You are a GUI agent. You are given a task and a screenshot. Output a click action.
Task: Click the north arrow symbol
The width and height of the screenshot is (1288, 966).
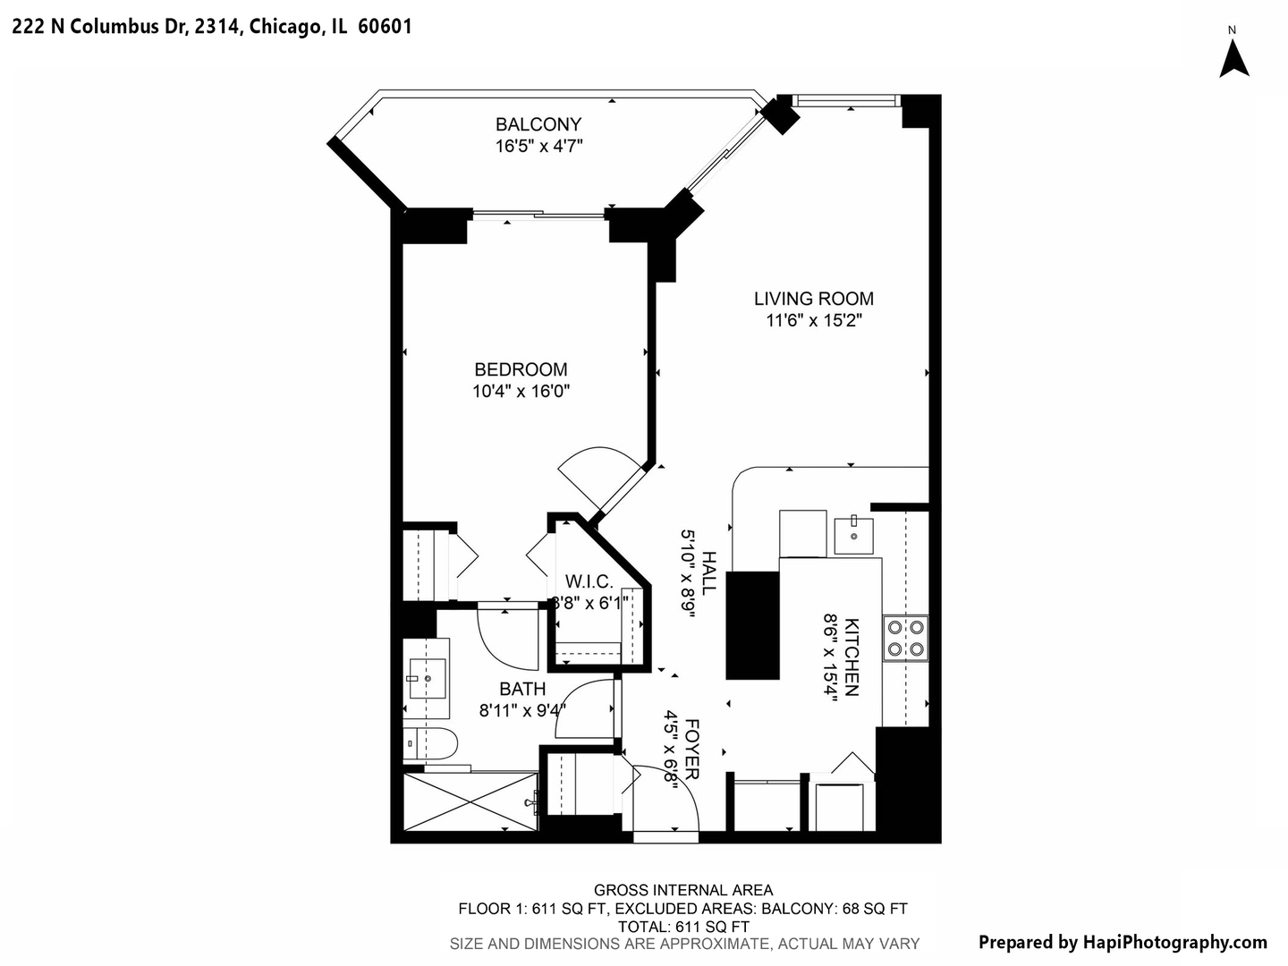click(x=1234, y=59)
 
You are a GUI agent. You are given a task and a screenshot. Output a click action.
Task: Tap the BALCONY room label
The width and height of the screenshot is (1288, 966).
click(x=538, y=124)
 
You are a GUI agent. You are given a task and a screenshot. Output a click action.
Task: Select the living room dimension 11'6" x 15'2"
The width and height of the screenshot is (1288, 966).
click(x=814, y=320)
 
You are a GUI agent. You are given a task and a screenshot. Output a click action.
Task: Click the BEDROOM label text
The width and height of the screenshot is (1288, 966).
click(x=521, y=369)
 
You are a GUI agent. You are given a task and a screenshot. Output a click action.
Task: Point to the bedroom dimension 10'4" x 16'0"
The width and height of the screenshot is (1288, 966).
click(x=521, y=391)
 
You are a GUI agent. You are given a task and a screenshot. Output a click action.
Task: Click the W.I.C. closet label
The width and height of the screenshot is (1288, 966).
click(x=589, y=582)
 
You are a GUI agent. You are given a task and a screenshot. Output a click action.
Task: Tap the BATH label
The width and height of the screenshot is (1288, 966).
click(x=522, y=690)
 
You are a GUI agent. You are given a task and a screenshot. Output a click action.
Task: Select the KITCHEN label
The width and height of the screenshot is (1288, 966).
click(x=852, y=657)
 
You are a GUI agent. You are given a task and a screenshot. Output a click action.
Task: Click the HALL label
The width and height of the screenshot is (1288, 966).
click(x=708, y=573)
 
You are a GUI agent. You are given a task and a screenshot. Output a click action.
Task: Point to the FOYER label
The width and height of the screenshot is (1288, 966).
click(x=691, y=749)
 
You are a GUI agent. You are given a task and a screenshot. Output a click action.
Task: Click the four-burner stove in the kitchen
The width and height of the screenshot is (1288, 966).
click(x=905, y=639)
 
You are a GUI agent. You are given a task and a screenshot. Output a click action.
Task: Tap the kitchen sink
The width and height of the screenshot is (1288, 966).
click(x=854, y=534)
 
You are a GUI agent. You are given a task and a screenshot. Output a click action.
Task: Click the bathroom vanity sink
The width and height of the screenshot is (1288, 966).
click(x=427, y=679)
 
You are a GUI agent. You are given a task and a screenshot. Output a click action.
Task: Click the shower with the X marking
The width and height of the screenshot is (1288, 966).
click(x=470, y=802)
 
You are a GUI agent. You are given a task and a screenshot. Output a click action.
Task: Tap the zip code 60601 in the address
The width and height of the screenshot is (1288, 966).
click(x=385, y=27)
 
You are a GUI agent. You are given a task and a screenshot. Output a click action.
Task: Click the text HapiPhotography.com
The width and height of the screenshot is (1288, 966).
click(x=1174, y=942)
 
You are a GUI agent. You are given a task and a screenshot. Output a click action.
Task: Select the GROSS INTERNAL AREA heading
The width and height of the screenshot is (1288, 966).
click(x=683, y=890)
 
